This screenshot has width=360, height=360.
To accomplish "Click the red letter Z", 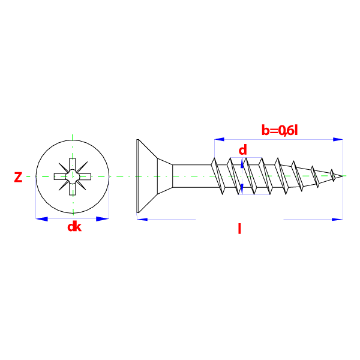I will [18, 177].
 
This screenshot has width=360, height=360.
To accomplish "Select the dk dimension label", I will [74, 227].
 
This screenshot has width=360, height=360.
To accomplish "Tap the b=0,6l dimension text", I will [279, 130].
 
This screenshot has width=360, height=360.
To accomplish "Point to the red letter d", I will [242, 150].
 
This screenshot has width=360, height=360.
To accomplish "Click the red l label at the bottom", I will [239, 229].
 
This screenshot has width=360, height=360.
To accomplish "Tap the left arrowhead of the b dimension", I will [220, 139].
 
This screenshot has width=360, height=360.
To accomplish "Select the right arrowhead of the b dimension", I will [338, 139].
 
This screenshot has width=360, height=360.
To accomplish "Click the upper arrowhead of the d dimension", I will [242, 164].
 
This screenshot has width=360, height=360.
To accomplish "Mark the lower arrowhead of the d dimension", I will [242, 188].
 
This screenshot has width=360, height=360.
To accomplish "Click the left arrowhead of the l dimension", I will [142, 219].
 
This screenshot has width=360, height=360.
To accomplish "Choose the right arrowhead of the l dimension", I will [337, 219].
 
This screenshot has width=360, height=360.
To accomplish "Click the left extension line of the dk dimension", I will [36, 198].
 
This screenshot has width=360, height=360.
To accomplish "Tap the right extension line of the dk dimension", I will [109, 198].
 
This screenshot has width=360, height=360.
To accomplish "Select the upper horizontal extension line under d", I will [246, 157].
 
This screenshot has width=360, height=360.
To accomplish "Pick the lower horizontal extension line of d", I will [254, 194].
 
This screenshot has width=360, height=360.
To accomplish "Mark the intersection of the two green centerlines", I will [73, 176].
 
